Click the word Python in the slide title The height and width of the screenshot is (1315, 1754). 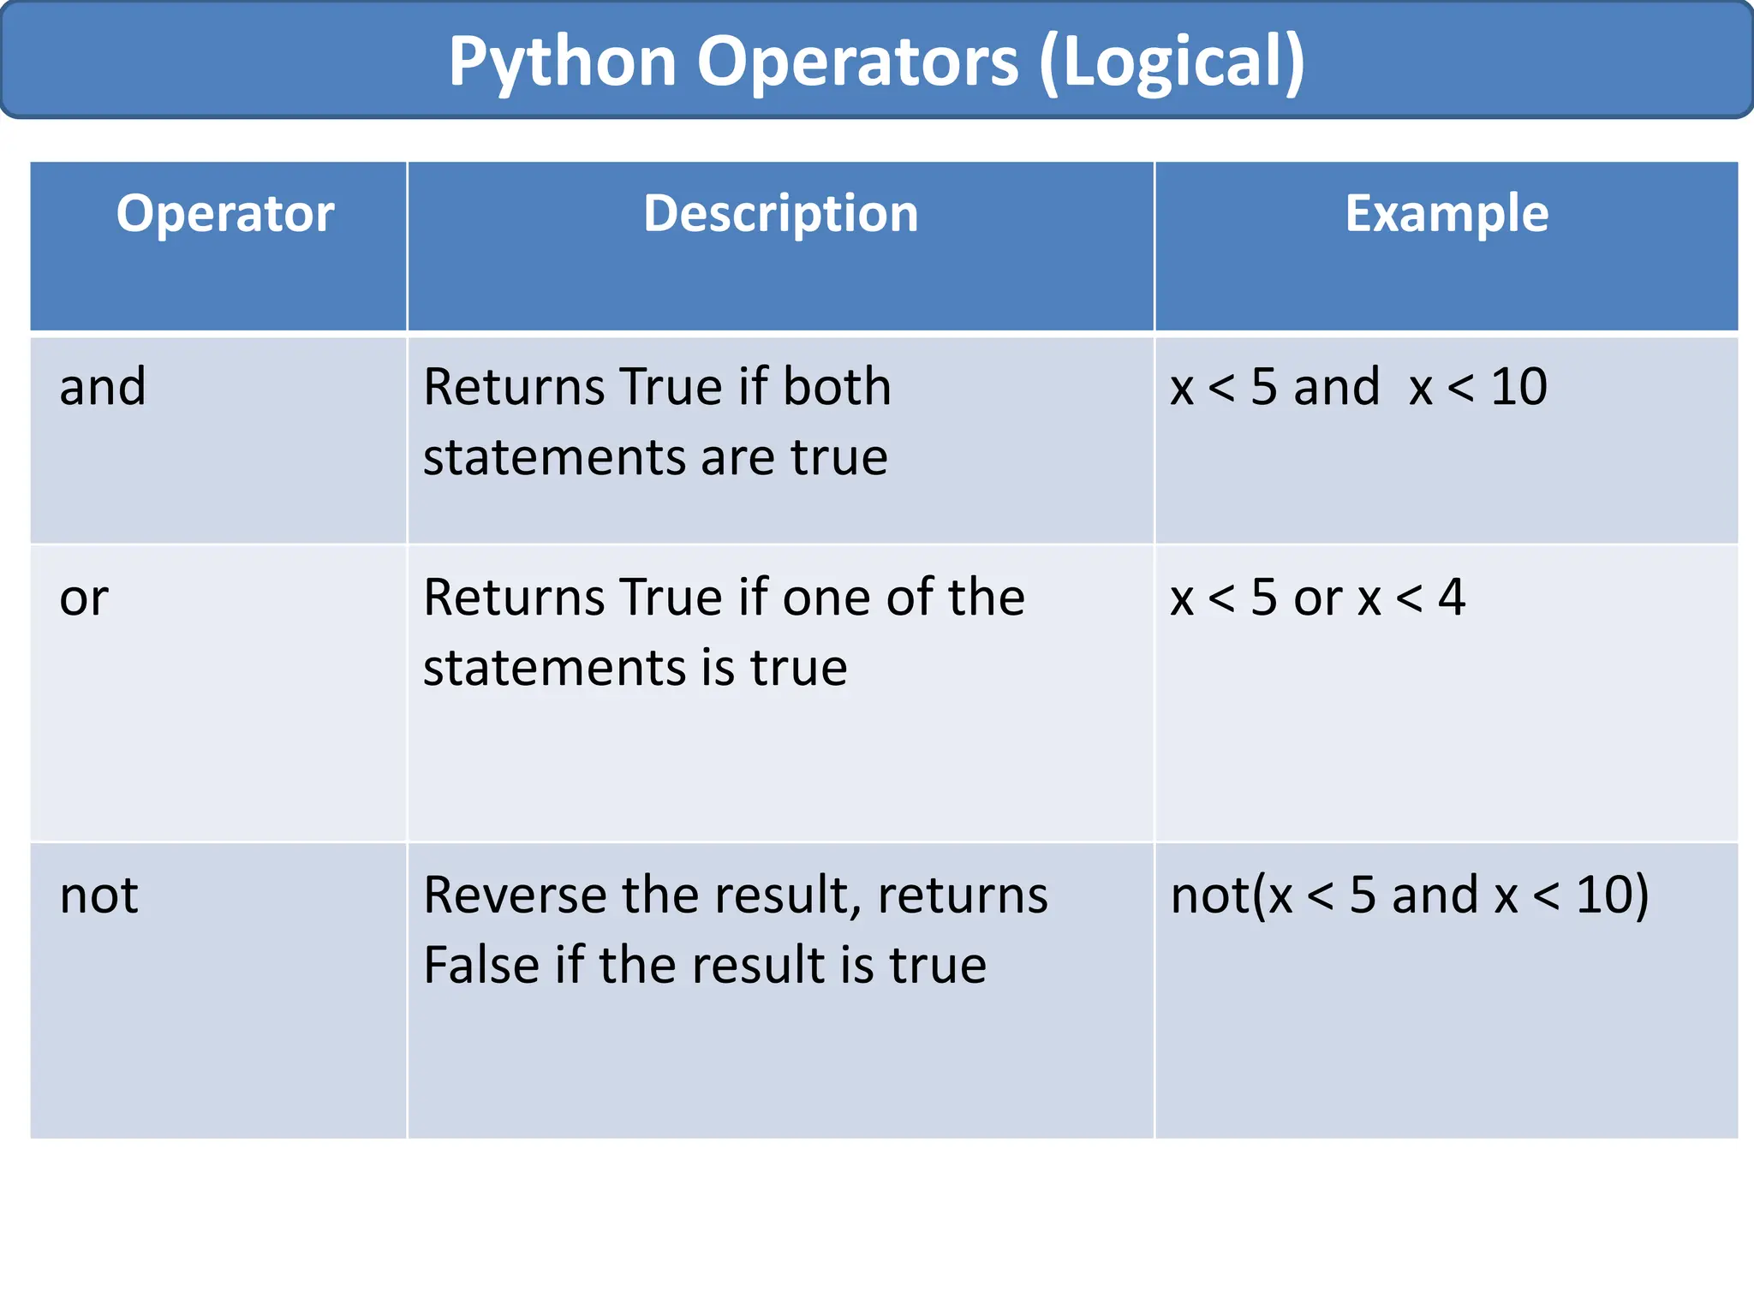[x=563, y=62]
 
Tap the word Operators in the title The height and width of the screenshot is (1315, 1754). [x=857, y=62]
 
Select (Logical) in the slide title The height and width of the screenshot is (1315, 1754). [x=1171, y=62]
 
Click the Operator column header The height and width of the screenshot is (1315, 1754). [x=225, y=213]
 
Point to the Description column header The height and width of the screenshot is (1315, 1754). [x=780, y=213]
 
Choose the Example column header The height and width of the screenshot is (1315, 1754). [x=1447, y=213]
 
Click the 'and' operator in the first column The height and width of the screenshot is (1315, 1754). [x=103, y=387]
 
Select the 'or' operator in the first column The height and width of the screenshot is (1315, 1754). [x=84, y=598]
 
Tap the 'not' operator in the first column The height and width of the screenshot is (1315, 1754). [x=98, y=896]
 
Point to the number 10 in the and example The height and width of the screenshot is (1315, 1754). [x=1518, y=387]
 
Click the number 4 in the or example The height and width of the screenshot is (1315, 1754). [x=1451, y=598]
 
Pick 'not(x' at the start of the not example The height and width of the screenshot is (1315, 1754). [x=1232, y=896]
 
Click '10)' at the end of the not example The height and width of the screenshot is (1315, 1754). [x=1612, y=896]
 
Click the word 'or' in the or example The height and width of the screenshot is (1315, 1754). [x=1317, y=598]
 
